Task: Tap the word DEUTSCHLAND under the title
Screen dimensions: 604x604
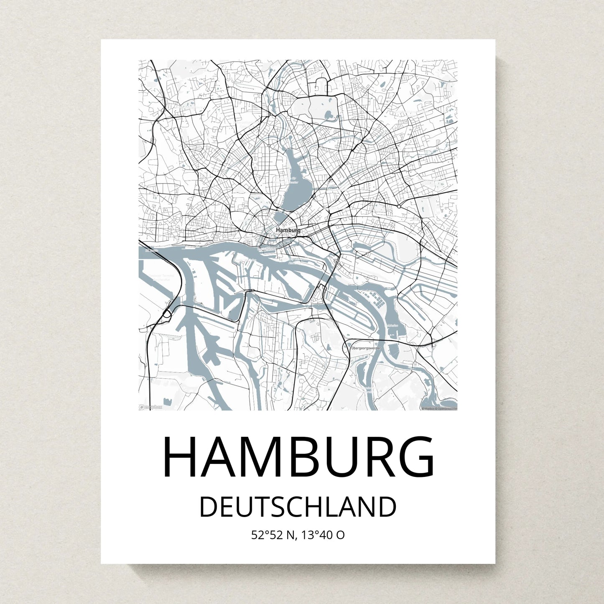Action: tap(298, 507)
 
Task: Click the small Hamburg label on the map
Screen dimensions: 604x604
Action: tap(288, 230)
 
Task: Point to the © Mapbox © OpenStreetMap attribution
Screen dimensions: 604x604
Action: tap(439, 409)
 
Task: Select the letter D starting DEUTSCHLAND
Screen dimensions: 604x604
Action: tap(209, 507)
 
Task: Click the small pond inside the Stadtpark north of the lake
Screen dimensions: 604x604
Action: tap(328, 114)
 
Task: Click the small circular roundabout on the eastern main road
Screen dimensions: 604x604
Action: tap(399, 206)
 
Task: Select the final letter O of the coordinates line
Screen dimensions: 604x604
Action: tap(340, 535)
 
